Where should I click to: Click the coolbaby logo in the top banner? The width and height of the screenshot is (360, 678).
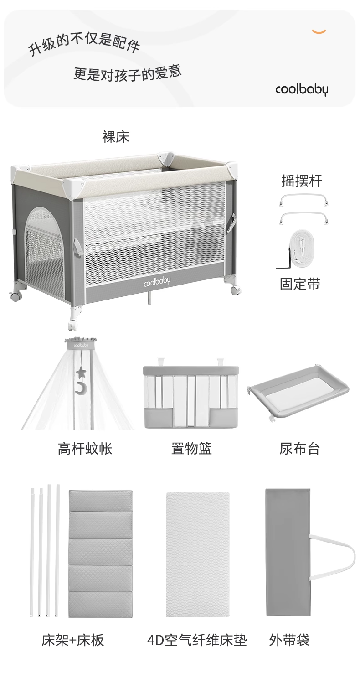pos(301,89)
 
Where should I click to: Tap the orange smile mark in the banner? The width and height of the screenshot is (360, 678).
pos(319,31)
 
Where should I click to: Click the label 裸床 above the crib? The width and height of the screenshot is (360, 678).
pos(116,137)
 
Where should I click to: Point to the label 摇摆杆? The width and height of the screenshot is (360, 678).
pos(301,181)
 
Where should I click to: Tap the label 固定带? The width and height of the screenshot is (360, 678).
pos(300,284)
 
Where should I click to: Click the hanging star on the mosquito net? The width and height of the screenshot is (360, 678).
pos(82,373)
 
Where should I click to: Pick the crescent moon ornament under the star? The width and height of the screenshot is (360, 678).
pos(81,388)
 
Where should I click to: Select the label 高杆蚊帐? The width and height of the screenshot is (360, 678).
pos(85,449)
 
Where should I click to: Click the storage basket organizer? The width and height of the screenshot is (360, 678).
pos(191,396)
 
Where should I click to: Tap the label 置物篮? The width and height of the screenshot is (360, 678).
pos(191,449)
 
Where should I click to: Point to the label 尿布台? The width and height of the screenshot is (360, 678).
pos(299,449)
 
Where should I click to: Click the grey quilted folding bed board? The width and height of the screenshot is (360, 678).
pos(100,554)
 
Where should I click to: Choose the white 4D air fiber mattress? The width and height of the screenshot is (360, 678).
pos(197,554)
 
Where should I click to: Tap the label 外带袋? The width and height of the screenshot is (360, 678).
pos(289,640)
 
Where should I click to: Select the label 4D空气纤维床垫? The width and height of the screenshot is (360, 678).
pos(197,640)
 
